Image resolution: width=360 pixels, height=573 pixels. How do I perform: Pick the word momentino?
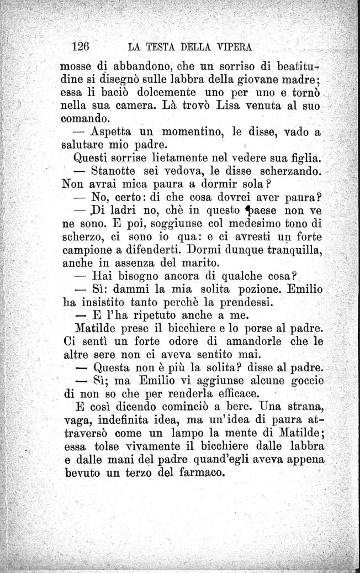180,132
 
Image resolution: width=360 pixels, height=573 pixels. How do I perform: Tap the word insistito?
108,303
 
